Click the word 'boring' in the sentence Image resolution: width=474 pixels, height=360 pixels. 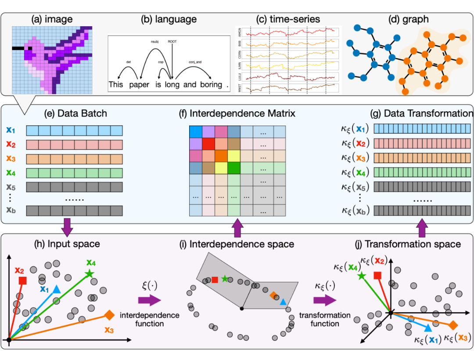pos(211,84)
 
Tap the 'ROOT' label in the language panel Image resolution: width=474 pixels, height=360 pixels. pos(172,42)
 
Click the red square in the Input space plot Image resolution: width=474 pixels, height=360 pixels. pos(23,280)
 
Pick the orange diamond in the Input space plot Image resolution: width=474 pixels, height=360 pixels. pos(110,314)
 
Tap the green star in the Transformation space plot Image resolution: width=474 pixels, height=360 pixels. pos(361,276)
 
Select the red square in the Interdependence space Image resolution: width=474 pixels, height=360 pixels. pos(215,280)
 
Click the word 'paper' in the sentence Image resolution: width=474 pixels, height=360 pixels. pos(140,84)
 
